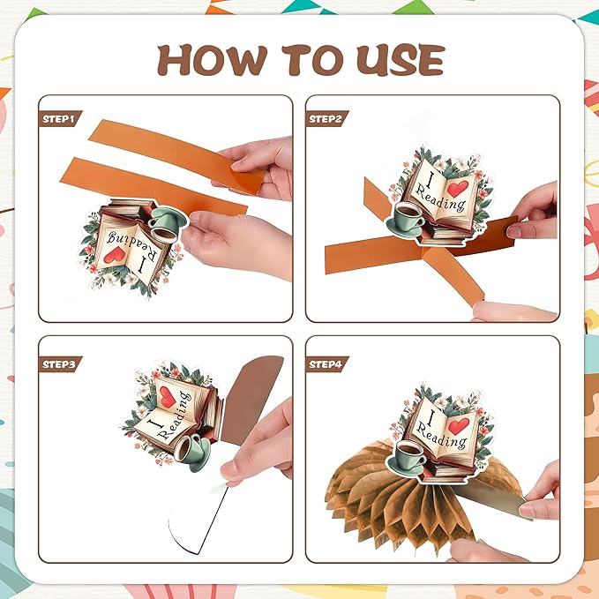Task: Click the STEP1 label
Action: (x=58, y=119)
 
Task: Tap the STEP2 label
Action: (x=326, y=119)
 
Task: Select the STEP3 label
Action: (x=59, y=364)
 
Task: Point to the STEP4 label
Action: (x=326, y=364)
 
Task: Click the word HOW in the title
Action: (x=212, y=60)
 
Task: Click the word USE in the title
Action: (x=401, y=60)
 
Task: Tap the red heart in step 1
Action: (x=115, y=254)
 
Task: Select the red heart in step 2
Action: (x=457, y=188)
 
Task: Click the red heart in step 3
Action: (x=168, y=397)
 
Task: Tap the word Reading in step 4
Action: (x=441, y=436)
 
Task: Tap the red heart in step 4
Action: (x=458, y=426)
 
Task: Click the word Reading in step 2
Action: (x=439, y=198)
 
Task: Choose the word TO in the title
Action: (x=311, y=60)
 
